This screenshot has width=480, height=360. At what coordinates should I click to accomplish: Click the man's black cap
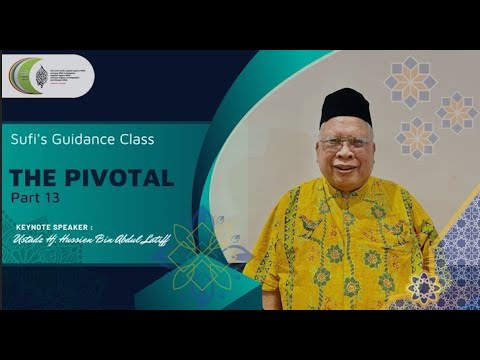(345, 105)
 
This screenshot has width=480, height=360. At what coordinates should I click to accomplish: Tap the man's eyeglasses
(344, 143)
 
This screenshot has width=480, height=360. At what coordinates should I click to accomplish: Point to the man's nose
(343, 152)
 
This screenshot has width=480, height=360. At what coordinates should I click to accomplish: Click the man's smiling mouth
(342, 166)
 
